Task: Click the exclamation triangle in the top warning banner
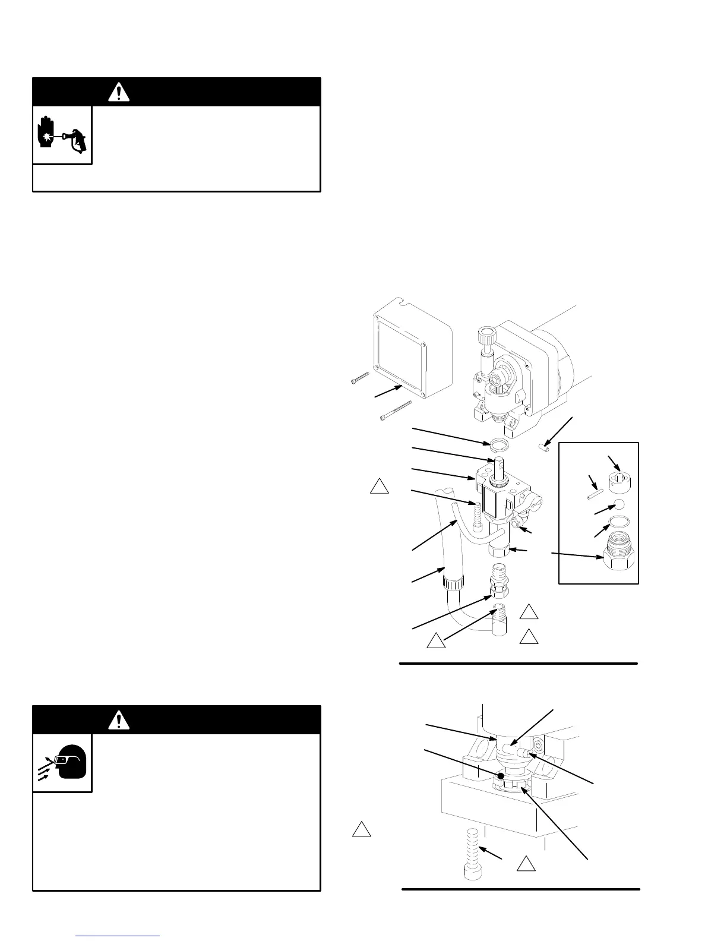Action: click(x=119, y=92)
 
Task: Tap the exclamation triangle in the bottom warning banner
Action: click(x=119, y=720)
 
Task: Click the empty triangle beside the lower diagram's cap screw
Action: click(x=526, y=864)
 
